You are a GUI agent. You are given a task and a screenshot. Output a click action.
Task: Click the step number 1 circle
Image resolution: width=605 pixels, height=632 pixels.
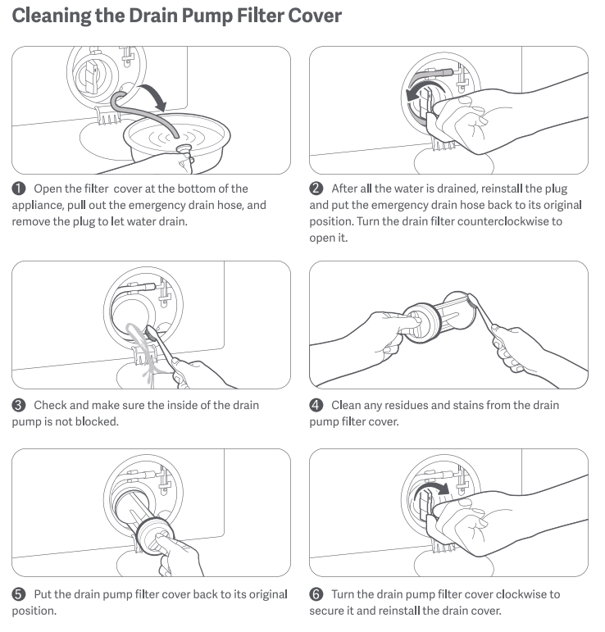click(x=19, y=189)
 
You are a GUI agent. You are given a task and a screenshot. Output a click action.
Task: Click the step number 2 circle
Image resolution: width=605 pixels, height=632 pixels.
click(x=316, y=189)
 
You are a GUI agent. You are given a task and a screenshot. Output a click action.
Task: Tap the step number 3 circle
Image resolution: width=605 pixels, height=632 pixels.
click(x=19, y=405)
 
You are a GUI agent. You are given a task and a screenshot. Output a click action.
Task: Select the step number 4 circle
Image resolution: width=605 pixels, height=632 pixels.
click(x=316, y=405)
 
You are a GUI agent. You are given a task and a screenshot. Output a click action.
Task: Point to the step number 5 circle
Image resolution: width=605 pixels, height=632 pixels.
click(x=19, y=594)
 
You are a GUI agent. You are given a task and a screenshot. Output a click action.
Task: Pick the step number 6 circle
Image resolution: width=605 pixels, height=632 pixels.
click(x=316, y=594)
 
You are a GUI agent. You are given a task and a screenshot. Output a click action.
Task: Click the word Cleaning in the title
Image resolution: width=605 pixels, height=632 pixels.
click(x=52, y=16)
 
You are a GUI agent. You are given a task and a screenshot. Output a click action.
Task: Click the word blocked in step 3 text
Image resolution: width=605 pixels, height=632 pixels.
click(x=97, y=421)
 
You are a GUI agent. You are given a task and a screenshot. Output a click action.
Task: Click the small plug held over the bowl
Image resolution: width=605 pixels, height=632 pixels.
click(x=184, y=149)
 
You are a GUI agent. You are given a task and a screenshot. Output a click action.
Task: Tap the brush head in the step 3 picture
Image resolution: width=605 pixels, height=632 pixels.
click(x=151, y=333)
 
